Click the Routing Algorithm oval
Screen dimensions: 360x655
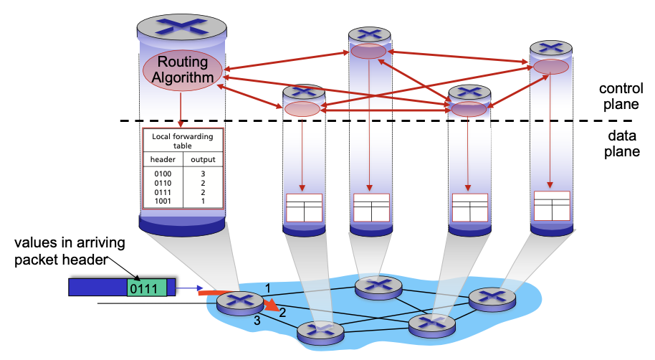[183, 70]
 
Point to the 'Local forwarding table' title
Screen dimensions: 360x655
[183, 140]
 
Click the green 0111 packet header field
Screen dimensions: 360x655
[146, 288]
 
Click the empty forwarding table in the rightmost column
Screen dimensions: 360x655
[552, 205]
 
